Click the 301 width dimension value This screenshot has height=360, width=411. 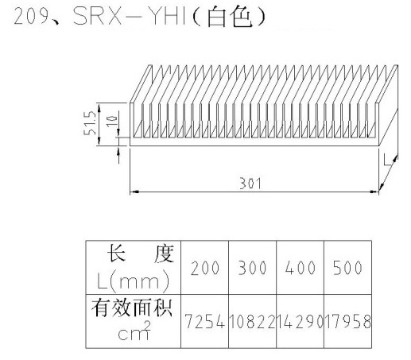tap(250, 184)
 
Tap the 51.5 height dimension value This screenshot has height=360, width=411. tap(90, 123)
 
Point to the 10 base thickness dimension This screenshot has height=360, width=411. tap(111, 121)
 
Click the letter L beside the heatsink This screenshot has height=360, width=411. tap(387, 161)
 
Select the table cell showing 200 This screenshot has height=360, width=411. tap(205, 268)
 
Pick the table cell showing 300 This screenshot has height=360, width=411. tap(252, 268)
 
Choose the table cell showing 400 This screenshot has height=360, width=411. tap(300, 268)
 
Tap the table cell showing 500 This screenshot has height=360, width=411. tap(347, 268)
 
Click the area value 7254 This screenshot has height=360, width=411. tap(205, 321)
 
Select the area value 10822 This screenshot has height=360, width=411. tap(252, 321)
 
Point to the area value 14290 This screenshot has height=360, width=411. tap(300, 321)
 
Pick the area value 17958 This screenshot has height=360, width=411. tap(347, 321)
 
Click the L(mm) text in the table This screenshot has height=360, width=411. tap(133, 281)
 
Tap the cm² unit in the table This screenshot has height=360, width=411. tap(134, 331)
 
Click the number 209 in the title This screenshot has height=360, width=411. tap(30, 17)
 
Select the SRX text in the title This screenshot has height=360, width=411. tap(102, 16)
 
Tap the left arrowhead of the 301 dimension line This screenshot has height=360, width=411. tap(134, 192)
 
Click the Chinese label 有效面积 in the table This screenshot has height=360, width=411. tap(132, 308)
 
